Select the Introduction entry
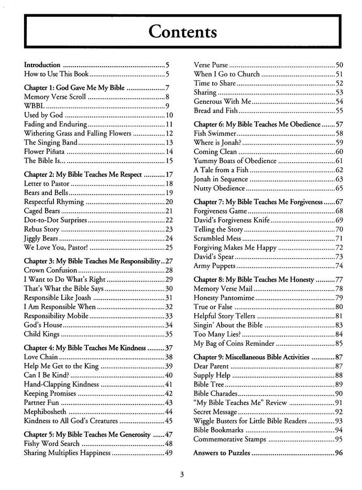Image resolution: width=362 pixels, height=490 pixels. pos(42,65)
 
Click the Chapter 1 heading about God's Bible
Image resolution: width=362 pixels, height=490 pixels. pos(74,88)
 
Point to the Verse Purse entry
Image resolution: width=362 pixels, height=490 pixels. pos(211,65)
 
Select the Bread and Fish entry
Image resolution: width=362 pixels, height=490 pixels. pos(216,111)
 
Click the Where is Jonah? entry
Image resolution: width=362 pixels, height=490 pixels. pos(218,143)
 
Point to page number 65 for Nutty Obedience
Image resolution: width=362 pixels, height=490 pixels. pos(338,188)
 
